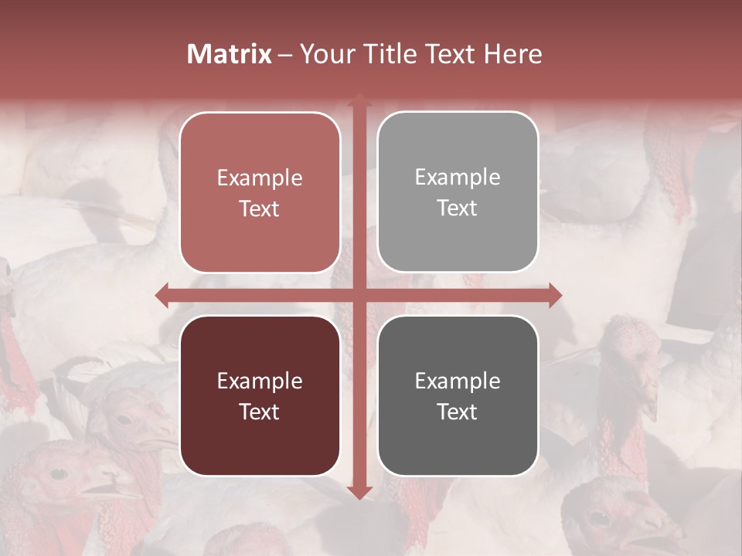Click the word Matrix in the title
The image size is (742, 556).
230,54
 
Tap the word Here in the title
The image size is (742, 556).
512,54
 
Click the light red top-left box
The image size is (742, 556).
260,192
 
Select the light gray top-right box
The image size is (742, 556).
458,192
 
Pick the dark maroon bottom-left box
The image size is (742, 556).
260,395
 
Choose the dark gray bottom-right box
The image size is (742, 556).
458,395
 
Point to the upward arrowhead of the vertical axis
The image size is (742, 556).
359,100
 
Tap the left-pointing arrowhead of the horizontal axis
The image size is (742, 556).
162,295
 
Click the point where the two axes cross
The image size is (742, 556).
359,295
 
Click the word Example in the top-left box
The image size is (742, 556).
260,178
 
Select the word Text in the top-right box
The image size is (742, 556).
458,208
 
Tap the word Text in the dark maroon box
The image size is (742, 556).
260,412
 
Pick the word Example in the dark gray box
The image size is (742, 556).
458,381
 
